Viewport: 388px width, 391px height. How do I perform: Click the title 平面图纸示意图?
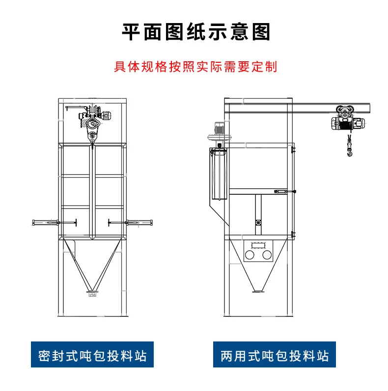196,32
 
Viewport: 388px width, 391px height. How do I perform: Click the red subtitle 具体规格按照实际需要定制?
195,66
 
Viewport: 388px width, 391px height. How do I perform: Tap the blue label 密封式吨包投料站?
92,355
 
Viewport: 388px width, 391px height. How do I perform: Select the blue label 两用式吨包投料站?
275,355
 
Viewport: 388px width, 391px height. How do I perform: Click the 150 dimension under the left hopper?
92,295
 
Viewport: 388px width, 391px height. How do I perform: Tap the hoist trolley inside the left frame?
94,118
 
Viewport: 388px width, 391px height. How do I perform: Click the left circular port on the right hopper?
250,256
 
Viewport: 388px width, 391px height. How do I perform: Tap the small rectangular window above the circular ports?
258,244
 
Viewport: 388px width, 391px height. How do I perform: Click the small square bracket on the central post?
258,223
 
